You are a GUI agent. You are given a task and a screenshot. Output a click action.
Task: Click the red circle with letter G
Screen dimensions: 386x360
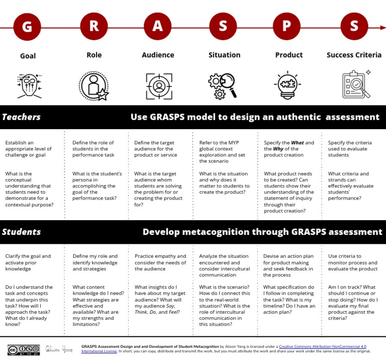pos(27,26)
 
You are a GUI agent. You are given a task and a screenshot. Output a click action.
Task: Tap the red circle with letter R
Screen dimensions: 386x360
pos(93,26)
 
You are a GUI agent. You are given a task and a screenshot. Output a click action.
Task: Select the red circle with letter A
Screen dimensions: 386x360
pos(158,26)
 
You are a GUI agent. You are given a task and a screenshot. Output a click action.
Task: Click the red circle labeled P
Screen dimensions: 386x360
pos(287,26)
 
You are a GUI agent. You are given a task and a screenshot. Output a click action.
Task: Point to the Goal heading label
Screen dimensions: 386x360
pos(28,56)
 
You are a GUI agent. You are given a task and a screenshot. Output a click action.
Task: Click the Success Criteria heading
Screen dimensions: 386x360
pos(354,55)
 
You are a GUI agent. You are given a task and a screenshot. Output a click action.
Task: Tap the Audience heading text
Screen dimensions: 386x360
pos(158,55)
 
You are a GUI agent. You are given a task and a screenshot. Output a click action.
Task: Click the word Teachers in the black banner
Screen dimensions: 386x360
pos(21,117)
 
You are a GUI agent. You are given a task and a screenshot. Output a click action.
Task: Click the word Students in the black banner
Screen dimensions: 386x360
pos(21,232)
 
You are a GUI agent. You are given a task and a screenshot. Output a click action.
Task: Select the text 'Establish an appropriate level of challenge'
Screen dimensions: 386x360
pos(28,149)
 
